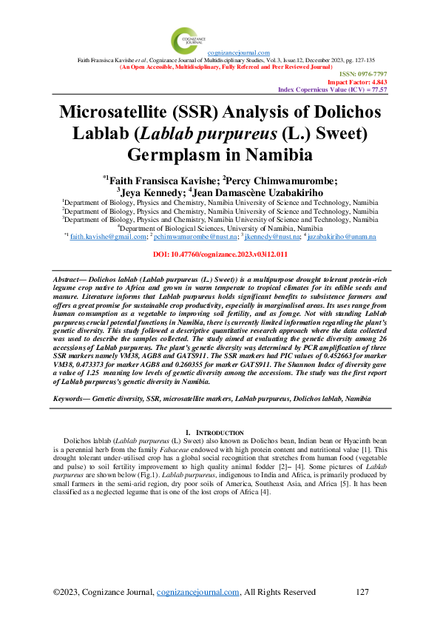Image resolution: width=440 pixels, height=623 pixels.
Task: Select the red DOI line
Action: (x=220, y=254)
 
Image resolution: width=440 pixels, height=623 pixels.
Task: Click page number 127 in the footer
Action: (x=362, y=592)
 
